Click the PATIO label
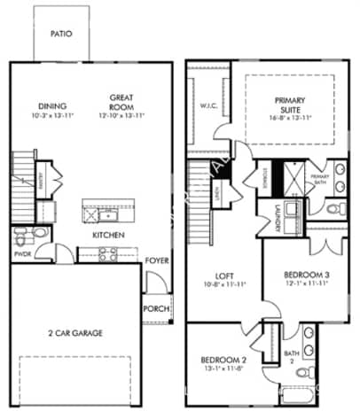pyautogui.click(x=61, y=35)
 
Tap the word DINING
pyautogui.click(x=42, y=105)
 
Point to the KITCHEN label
pyautogui.click(x=108, y=235)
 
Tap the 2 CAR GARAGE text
pyautogui.click(x=75, y=333)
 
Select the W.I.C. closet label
pyautogui.click(x=209, y=106)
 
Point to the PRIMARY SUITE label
pyautogui.click(x=290, y=104)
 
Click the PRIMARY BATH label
pyautogui.click(x=319, y=178)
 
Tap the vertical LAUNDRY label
pyautogui.click(x=278, y=216)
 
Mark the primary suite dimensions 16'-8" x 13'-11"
pyautogui.click(x=290, y=117)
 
